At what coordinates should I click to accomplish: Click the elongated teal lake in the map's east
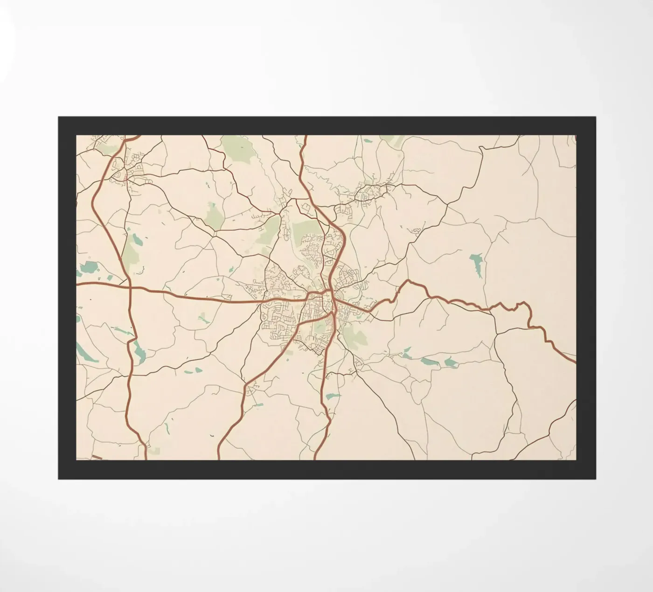477,264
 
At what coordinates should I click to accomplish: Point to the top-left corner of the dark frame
59,117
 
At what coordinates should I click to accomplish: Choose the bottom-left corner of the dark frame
59,479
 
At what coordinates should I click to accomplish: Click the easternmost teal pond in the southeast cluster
451,362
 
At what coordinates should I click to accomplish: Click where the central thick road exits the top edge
306,136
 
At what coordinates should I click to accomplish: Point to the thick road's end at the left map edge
77,283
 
